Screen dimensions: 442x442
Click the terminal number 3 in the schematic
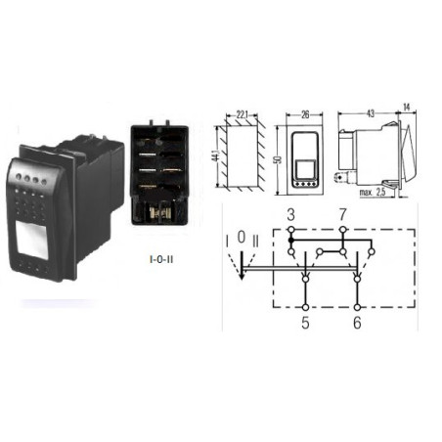pyautogui.click(x=291, y=215)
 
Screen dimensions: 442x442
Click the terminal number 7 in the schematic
pyautogui.click(x=342, y=215)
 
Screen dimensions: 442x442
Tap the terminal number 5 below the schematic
pyautogui.click(x=305, y=323)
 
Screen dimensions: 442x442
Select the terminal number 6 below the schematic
pyautogui.click(x=357, y=323)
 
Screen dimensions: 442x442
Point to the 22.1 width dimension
pyautogui.click(x=242, y=114)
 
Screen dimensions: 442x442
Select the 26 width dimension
pyautogui.click(x=305, y=114)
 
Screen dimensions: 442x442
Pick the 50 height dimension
pyautogui.click(x=279, y=160)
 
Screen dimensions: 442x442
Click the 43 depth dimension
pyautogui.click(x=371, y=113)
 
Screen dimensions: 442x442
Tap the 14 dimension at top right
pyautogui.click(x=406, y=107)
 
